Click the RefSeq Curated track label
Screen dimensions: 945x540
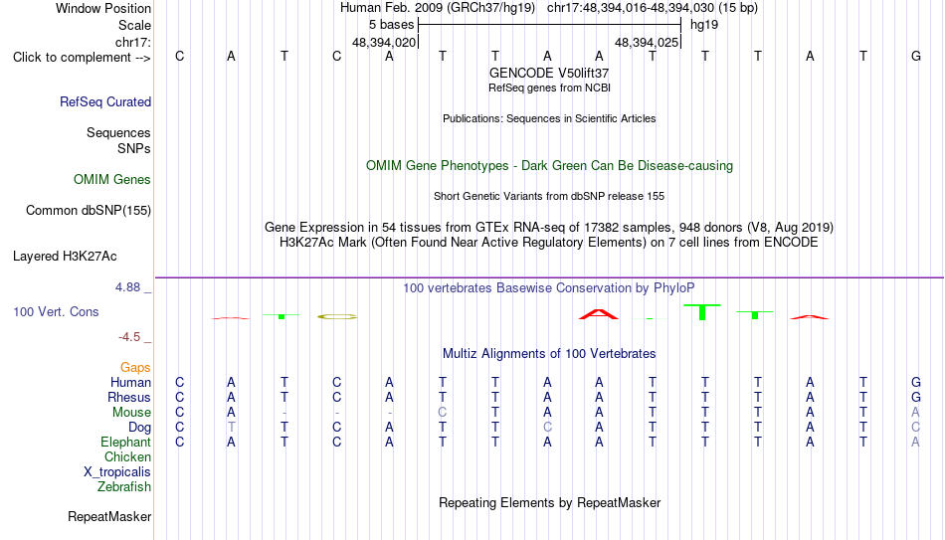[105, 101]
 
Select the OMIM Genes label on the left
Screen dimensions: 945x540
[112, 180]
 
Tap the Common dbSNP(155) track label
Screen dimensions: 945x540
[89, 211]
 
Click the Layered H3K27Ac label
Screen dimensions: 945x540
[65, 257]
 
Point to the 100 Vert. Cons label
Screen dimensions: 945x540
[56, 311]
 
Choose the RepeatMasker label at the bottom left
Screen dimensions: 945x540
[109, 516]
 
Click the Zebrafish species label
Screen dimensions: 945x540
[124, 486]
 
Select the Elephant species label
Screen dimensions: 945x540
[126, 442]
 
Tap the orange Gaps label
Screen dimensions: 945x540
[135, 367]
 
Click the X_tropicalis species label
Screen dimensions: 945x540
[117, 472]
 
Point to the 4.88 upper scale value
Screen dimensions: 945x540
[128, 287]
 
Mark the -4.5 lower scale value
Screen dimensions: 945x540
[129, 337]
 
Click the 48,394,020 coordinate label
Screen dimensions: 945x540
[384, 42]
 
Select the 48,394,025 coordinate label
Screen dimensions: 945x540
[647, 42]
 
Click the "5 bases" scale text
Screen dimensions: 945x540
[392, 25]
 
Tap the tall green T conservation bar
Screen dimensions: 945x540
[702, 311]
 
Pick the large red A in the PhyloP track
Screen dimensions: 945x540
[599, 314]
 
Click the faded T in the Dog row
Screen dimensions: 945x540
[231, 427]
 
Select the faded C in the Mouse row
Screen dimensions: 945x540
[443, 413]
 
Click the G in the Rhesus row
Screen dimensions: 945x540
[916, 397]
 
